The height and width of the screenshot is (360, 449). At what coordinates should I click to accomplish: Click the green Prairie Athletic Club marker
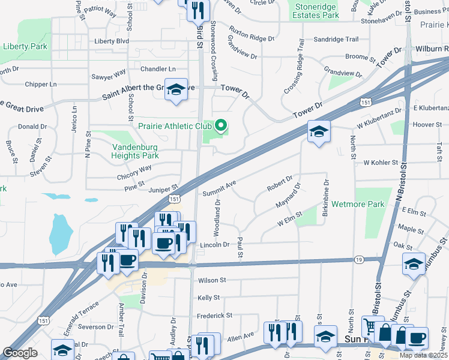[x=221, y=125]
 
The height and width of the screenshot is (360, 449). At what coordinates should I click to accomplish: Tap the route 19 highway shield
[x=358, y=259]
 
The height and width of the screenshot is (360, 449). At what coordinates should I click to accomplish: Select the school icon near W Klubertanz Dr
[x=318, y=131]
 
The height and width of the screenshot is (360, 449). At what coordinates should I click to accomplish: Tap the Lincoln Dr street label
[x=215, y=245]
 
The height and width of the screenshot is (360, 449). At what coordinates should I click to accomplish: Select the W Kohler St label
[x=381, y=163]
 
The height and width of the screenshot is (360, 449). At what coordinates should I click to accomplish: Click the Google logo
[x=20, y=353]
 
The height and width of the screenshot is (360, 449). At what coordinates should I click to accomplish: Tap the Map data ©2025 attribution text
[x=423, y=355]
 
